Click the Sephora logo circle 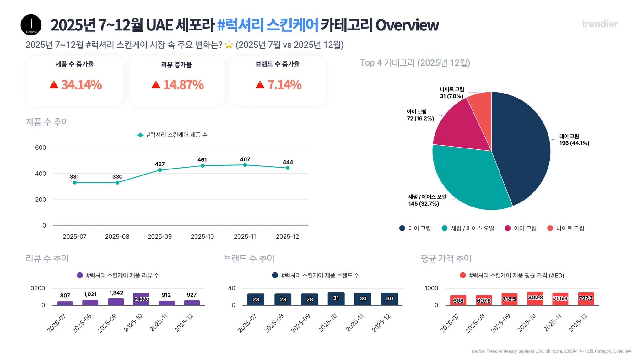point(31,25)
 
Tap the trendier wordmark point(599,24)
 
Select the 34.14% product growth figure point(81,85)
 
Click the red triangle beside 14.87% point(156,85)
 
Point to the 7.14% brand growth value point(284,85)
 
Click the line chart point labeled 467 point(245,165)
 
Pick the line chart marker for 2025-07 point(75,182)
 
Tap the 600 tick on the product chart point(41,148)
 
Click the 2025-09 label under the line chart point(159,236)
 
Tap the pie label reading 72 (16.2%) point(420,118)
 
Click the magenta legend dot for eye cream point(507,228)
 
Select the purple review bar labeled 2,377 point(141,299)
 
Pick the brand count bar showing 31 point(336,298)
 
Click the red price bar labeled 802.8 point(535,298)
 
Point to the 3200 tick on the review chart point(38,288)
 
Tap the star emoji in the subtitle point(229,45)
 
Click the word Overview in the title point(407,25)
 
